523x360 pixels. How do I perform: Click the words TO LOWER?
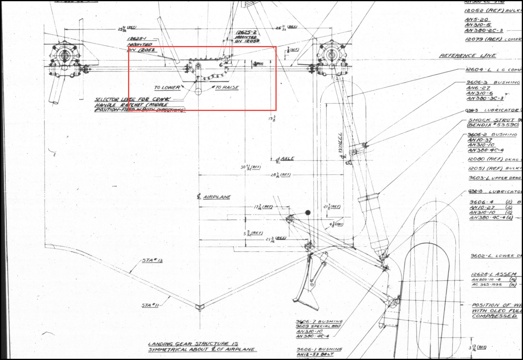click(167, 88)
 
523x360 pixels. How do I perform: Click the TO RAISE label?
click(227, 88)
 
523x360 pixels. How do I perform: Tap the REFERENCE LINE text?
click(468, 56)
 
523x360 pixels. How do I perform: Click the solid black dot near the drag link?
click(308, 213)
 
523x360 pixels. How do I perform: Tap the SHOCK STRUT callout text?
click(491, 120)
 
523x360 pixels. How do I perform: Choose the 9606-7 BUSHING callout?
click(319, 321)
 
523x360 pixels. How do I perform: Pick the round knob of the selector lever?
click(198, 92)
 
